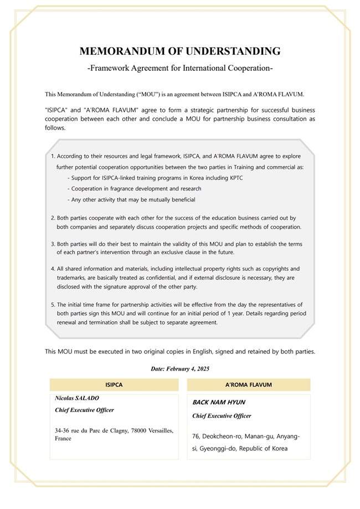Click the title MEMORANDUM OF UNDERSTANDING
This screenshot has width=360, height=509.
[x=180, y=52]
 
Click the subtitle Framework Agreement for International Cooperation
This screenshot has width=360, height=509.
[x=180, y=69]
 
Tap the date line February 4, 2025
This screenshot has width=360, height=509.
[x=180, y=368]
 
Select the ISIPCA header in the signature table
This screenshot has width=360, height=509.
[x=114, y=384]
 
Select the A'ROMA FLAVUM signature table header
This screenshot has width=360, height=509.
[x=249, y=384]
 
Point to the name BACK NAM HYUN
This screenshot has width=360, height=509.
[x=219, y=402]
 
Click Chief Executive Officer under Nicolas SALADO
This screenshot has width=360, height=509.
[x=85, y=410]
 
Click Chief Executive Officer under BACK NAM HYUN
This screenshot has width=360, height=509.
[x=222, y=415]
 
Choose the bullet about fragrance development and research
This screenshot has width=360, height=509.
[x=136, y=189]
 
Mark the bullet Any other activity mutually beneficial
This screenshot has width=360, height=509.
[x=133, y=199]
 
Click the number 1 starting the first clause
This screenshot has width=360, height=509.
[x=52, y=156]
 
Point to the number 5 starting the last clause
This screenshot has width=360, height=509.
[x=53, y=305]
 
